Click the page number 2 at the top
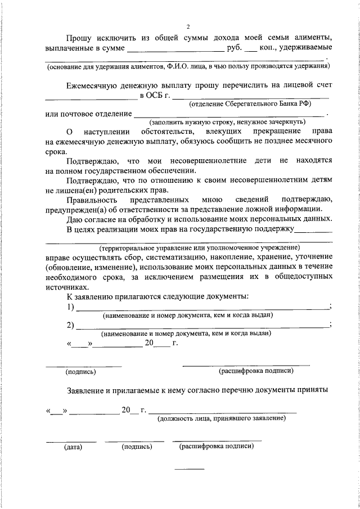[x=188, y=26]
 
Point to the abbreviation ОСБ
[x=155, y=96]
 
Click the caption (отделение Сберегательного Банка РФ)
[x=250, y=104]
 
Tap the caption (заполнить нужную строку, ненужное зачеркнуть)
[x=227, y=121]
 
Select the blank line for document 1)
[x=202, y=308]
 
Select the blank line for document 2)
[x=202, y=326]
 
